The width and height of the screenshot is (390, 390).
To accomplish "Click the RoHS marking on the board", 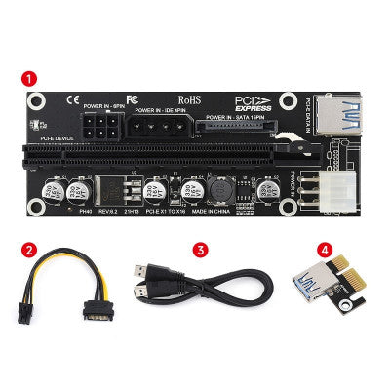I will (189, 100).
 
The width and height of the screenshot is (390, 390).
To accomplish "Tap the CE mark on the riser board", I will (71, 97).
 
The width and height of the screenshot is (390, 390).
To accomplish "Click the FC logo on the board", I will (133, 97).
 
